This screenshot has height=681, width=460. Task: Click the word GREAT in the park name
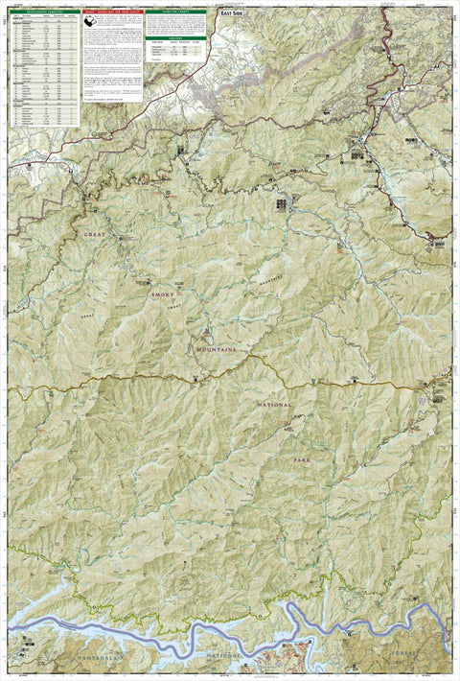94,234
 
